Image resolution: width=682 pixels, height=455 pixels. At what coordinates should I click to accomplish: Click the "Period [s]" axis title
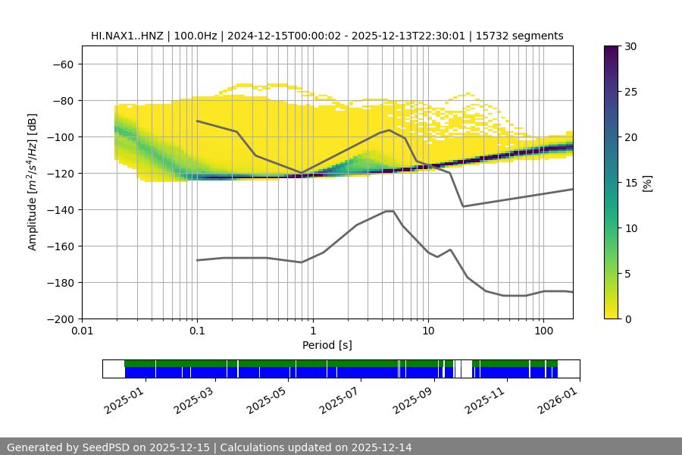pos(327,345)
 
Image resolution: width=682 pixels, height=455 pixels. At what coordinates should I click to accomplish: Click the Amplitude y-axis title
pos(32,182)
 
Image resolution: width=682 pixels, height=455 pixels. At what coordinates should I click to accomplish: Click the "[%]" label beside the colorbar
pos(647,183)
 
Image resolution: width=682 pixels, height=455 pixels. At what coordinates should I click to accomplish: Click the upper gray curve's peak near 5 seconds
pos(389,130)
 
